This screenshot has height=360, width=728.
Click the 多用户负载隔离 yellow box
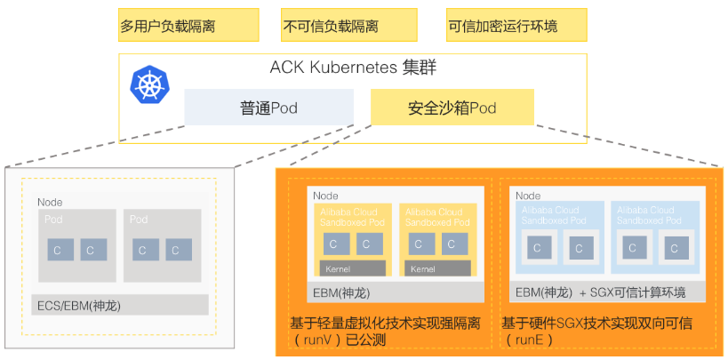(x=188, y=26)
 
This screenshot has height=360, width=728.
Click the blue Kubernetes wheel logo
(x=148, y=84)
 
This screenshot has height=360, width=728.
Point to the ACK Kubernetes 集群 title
(x=353, y=68)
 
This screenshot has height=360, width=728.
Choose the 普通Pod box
(x=268, y=108)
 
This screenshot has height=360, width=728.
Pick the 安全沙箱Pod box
(x=452, y=108)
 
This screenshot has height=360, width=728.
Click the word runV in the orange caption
(x=324, y=340)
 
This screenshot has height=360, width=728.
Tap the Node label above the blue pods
(x=528, y=196)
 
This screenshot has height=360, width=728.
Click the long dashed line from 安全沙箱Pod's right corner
(x=631, y=146)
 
